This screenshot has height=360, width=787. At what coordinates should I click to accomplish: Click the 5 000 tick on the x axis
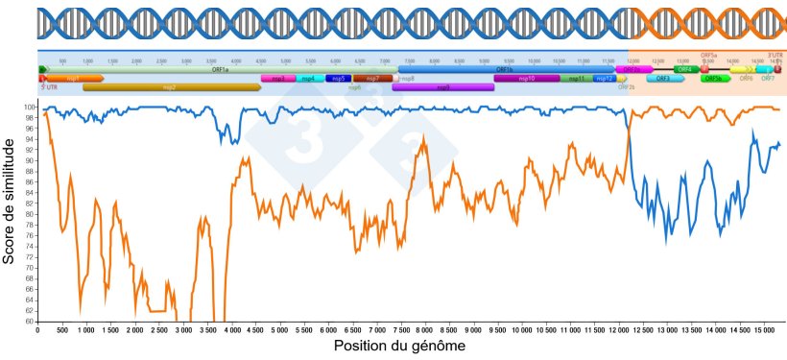[x=278, y=329]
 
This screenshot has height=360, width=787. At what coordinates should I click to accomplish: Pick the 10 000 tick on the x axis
[x=521, y=329]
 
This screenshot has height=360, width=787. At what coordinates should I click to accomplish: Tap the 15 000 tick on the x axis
[x=763, y=329]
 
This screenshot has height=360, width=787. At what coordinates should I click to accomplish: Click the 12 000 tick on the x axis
[x=618, y=329]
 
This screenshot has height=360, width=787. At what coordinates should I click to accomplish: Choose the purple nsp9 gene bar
[x=442, y=87]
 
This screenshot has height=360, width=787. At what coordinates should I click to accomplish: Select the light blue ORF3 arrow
[x=663, y=79]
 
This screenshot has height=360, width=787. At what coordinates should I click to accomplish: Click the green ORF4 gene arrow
[x=685, y=69]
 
